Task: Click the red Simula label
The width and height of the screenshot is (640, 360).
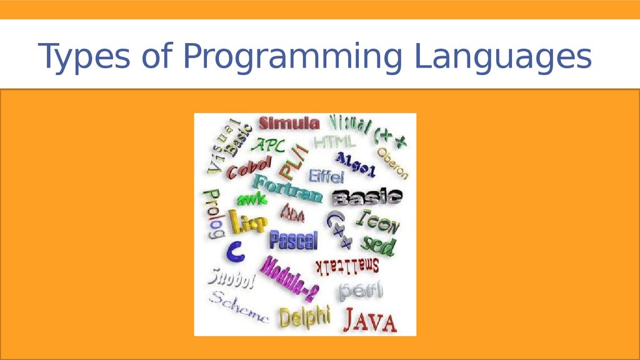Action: pyautogui.click(x=289, y=123)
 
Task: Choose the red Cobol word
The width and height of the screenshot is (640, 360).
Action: pyautogui.click(x=249, y=167)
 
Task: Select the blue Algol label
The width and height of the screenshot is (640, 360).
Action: pyautogui.click(x=355, y=163)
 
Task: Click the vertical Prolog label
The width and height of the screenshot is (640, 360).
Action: pyautogui.click(x=212, y=214)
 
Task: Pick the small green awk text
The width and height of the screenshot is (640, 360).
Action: pyautogui.click(x=252, y=199)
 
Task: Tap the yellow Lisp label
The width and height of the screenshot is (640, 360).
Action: pyautogui.click(x=248, y=221)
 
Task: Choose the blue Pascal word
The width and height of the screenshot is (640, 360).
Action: pyautogui.click(x=293, y=240)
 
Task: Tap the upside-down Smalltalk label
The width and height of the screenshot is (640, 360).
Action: pyautogui.click(x=347, y=265)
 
